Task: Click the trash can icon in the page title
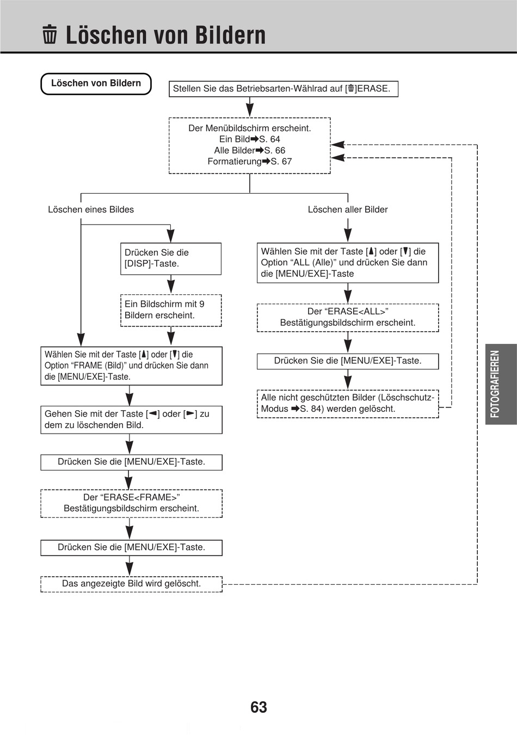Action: (50, 34)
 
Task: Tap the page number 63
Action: (258, 707)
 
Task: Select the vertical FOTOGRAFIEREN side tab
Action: (501, 384)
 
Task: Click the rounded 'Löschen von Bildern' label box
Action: (96, 84)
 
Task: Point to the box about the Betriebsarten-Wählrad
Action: (284, 89)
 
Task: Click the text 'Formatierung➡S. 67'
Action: (249, 162)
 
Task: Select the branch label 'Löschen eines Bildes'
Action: (91, 209)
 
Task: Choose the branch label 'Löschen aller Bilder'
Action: (348, 209)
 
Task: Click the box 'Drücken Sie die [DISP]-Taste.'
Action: (171, 258)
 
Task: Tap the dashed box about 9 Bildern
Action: (171, 310)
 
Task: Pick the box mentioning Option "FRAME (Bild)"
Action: (131, 366)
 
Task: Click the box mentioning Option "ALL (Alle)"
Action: (348, 262)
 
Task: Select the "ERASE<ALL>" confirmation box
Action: (348, 317)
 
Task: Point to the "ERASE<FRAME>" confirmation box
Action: (131, 503)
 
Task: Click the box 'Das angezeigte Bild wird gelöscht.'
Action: (131, 584)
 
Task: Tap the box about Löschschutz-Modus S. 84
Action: (348, 404)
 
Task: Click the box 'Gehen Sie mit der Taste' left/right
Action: (131, 419)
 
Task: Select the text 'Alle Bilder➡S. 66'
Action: (249, 150)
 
